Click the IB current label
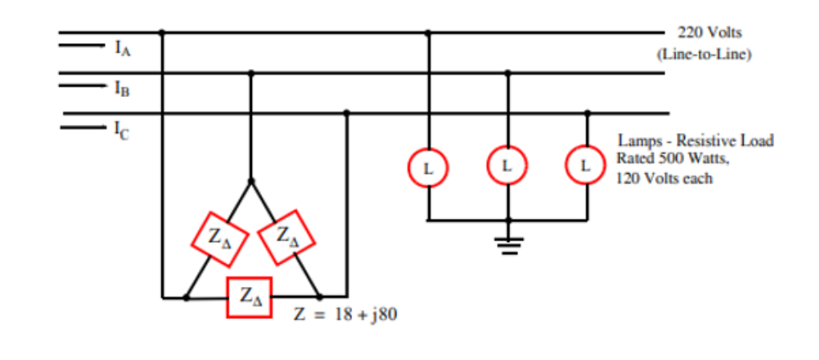(122, 89)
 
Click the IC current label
(123, 129)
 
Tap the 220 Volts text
(709, 33)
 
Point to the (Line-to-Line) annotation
(703, 54)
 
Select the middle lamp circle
(506, 165)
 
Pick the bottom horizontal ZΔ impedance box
(249, 297)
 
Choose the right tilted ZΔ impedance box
(287, 237)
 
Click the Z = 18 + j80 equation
(345, 314)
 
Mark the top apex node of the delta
(250, 180)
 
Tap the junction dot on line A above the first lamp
(428, 33)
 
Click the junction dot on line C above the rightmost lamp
(587, 113)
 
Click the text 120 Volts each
(664, 178)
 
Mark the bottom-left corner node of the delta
(187, 297)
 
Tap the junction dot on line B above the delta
(250, 73)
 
